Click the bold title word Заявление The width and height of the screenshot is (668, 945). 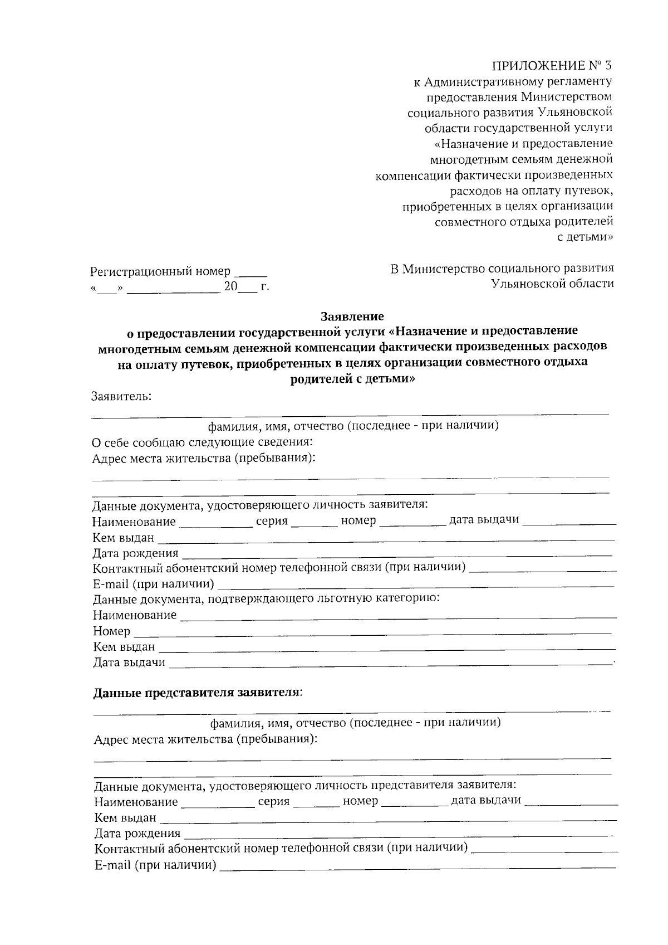(352, 316)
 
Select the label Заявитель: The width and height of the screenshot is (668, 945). (121, 397)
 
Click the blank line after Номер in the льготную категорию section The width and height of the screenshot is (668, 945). (373, 633)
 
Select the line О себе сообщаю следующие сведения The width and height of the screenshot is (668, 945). (202, 442)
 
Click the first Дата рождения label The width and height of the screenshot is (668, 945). (135, 553)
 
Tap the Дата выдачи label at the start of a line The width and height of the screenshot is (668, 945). (129, 663)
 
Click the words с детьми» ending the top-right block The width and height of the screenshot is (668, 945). (586, 237)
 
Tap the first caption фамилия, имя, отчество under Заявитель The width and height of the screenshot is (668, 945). (353, 426)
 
